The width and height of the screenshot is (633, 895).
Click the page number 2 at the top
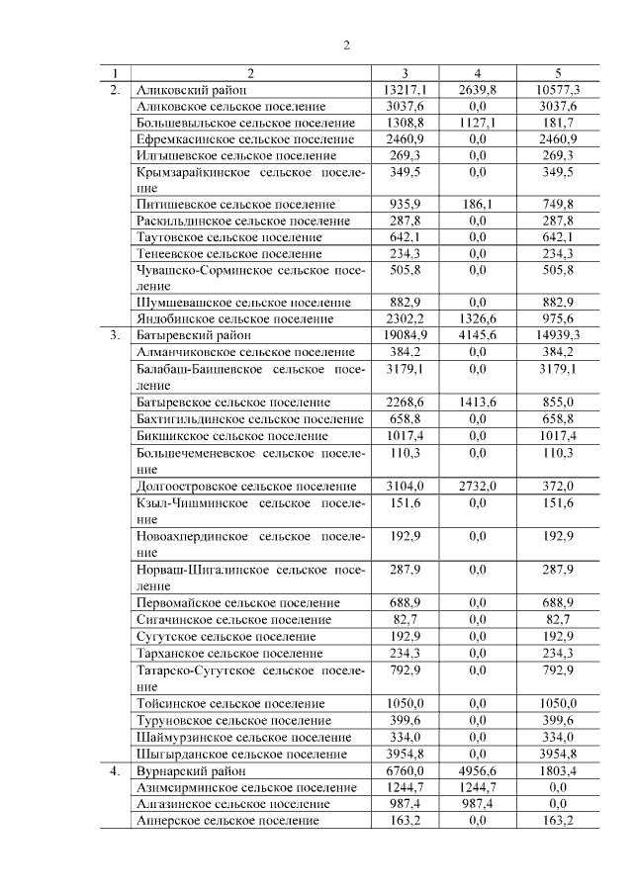pos(346,45)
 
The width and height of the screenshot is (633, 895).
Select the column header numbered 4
pos(478,73)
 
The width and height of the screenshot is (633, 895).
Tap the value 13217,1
pos(404,90)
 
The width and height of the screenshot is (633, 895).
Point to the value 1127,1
pos(478,123)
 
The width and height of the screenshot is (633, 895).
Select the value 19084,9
pos(404,335)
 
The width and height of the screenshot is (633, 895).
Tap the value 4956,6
pos(478,770)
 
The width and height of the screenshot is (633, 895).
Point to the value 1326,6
pos(478,318)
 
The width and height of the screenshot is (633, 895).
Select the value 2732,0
pos(478,486)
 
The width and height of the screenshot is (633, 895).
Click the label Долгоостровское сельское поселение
pos(246,486)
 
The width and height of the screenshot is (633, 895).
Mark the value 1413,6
pos(478,403)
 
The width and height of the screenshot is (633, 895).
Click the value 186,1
pos(478,204)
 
